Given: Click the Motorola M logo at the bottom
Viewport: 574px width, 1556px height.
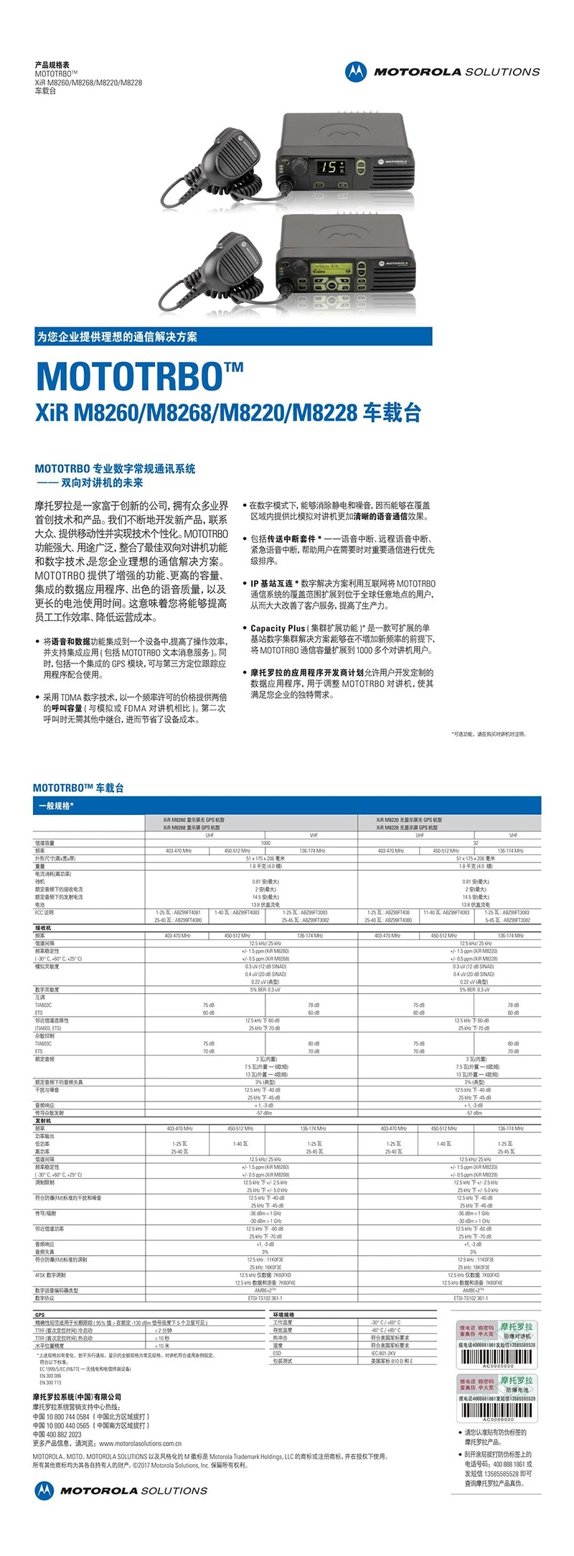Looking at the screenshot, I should pyautogui.click(x=44, y=1490).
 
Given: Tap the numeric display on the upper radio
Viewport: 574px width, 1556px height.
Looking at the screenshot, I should pyautogui.click(x=331, y=167).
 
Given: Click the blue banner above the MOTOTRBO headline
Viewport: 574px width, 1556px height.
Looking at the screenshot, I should pyautogui.click(x=234, y=337).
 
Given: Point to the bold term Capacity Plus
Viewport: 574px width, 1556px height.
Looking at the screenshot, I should pyautogui.click(x=278, y=628).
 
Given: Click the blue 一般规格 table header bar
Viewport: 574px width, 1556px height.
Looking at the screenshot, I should pyautogui.click(x=287, y=806).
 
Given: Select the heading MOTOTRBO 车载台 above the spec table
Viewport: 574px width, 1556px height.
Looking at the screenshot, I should pyautogui.click(x=78, y=788).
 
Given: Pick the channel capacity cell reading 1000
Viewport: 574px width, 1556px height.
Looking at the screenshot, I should pyautogui.click(x=265, y=843).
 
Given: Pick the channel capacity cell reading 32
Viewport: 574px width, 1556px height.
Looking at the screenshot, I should pyautogui.click(x=476, y=843).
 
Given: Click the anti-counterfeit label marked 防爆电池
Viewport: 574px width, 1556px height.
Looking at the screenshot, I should pyautogui.click(x=497, y=1393).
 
